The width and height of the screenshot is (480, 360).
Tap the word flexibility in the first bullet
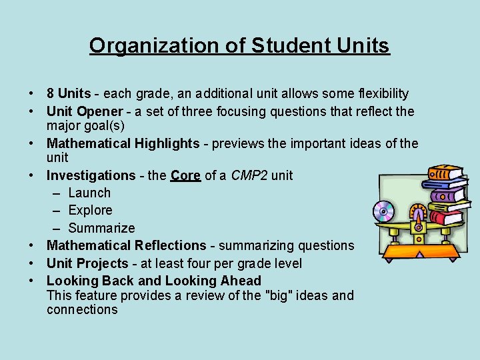[375, 94]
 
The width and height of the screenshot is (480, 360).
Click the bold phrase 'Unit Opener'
[85, 111]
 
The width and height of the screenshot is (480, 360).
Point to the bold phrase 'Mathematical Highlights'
[123, 143]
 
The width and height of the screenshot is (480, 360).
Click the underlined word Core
[185, 175]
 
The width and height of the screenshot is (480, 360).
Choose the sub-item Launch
[89, 193]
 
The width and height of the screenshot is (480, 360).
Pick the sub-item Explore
[90, 210]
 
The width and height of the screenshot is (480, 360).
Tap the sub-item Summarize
[101, 228]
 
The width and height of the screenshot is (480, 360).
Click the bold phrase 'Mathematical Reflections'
[127, 245]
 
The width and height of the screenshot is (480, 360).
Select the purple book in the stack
[447, 195]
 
